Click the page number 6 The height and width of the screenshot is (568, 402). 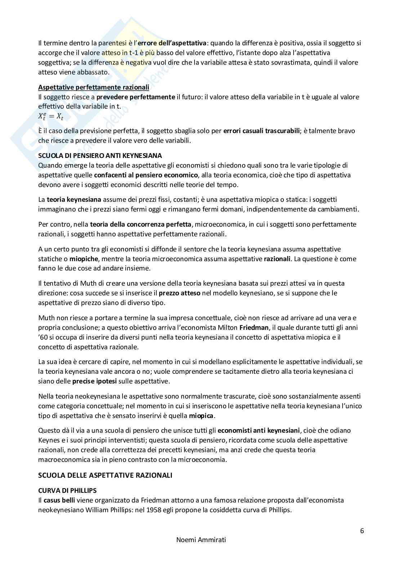coord(362,531)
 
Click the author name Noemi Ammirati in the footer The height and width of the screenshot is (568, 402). coord(201,540)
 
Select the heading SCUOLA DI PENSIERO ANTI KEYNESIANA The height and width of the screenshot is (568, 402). coord(100,156)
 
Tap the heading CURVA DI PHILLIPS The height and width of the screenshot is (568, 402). coord(67,490)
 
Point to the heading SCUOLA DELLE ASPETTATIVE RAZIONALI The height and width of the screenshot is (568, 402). coord(105,475)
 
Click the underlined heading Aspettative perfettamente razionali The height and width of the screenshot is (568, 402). coord(94,87)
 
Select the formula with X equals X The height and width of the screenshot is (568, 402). coord(51,117)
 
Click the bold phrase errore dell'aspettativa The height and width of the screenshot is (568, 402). coord(172,43)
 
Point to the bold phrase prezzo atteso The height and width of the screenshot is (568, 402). coord(179,293)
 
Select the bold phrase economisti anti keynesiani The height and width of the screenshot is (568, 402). coord(259,431)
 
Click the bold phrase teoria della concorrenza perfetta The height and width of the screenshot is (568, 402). coord(141,224)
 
